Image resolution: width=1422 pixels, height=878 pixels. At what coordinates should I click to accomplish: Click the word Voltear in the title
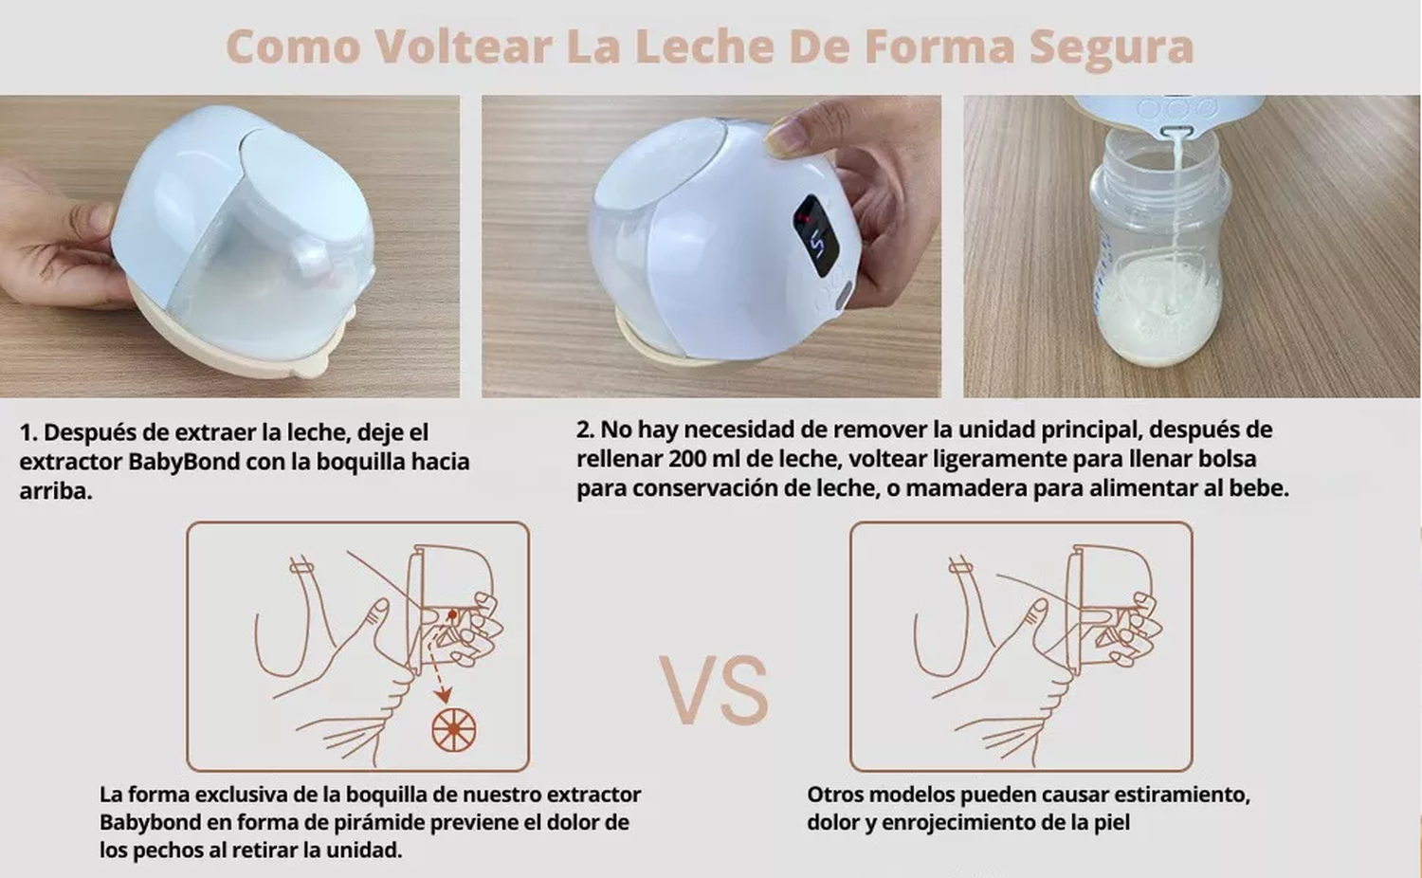[463, 46]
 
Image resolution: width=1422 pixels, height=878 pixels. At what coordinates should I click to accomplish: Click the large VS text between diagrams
[714, 690]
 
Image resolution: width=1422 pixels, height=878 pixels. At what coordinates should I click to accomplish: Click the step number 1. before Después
[28, 432]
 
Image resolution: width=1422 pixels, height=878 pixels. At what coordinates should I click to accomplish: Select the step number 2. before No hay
[586, 430]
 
